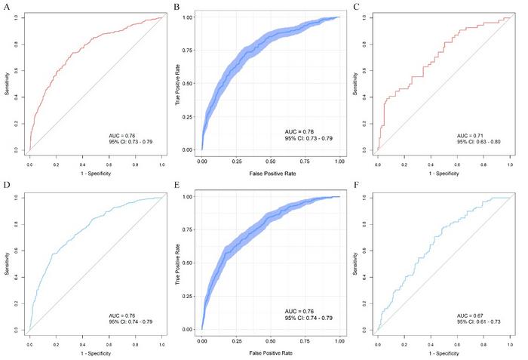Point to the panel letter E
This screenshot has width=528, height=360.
pyautogui.click(x=176, y=186)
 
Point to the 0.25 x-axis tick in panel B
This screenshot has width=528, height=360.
pyautogui.click(x=236, y=161)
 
